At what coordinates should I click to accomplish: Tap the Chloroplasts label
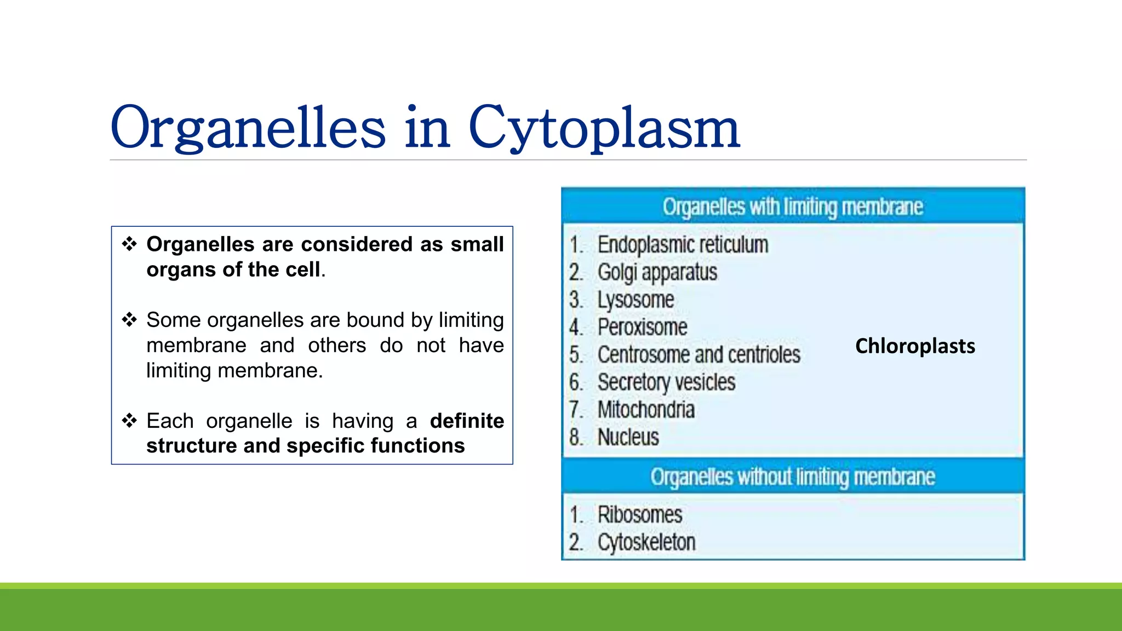pyautogui.click(x=915, y=346)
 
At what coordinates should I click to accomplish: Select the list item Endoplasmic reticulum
pyautogui.click(x=683, y=245)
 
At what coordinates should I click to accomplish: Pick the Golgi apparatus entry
pyautogui.click(x=657, y=272)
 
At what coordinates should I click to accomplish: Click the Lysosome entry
pyautogui.click(x=636, y=300)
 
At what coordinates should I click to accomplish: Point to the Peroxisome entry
pyautogui.click(x=642, y=327)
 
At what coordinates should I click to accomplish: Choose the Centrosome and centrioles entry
pyautogui.click(x=699, y=354)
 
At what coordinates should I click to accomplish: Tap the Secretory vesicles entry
pyautogui.click(x=666, y=382)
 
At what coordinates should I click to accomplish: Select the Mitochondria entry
pyautogui.click(x=646, y=410)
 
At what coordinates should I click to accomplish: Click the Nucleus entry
pyautogui.click(x=628, y=437)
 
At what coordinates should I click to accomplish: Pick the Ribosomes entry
pyautogui.click(x=639, y=515)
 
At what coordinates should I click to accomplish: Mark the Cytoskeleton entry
pyautogui.click(x=646, y=542)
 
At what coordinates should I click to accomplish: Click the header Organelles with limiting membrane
pyautogui.click(x=792, y=207)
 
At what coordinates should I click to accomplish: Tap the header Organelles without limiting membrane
pyautogui.click(x=792, y=477)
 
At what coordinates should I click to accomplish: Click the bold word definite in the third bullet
pyautogui.click(x=467, y=421)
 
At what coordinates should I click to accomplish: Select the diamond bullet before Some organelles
pyautogui.click(x=129, y=319)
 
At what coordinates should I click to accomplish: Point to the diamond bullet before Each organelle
pyautogui.click(x=129, y=421)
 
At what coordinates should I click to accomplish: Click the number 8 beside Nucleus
pyautogui.click(x=575, y=437)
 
